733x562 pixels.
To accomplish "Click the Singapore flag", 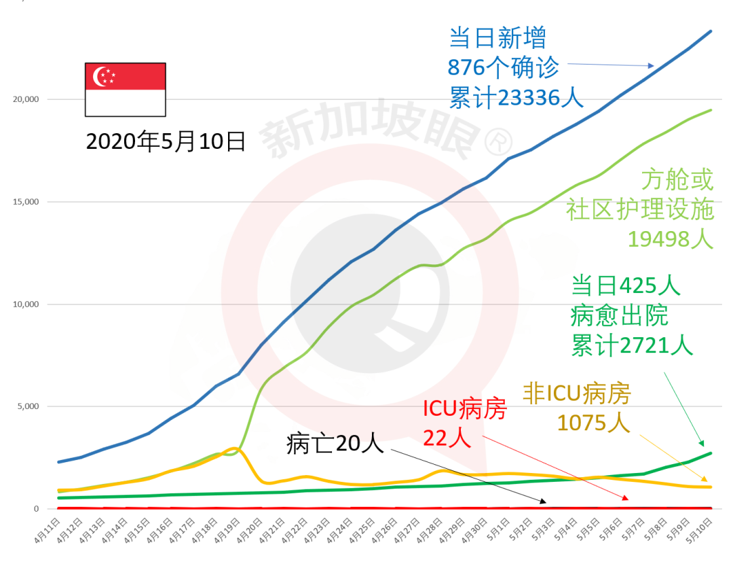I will tap(125, 89).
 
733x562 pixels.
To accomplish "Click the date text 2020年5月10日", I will tap(166, 141).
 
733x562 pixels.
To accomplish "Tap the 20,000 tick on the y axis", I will tap(26, 99).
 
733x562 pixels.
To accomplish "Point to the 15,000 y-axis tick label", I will tap(26, 202).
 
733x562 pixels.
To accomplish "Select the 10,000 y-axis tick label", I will tap(26, 304).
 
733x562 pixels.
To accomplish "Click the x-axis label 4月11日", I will tap(50, 532).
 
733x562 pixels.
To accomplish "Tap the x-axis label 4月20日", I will tap(251, 532).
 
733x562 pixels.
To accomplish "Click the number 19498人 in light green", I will tap(671, 239).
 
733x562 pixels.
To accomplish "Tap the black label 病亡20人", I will tap(335, 444).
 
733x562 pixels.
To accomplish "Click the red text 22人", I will tap(447, 438).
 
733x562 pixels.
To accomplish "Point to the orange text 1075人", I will tap(593, 423).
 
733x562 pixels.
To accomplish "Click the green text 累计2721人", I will tap(632, 345).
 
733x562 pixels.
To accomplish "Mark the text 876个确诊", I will tap(503, 67).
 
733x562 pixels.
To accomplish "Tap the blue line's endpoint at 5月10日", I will tap(711, 31).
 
